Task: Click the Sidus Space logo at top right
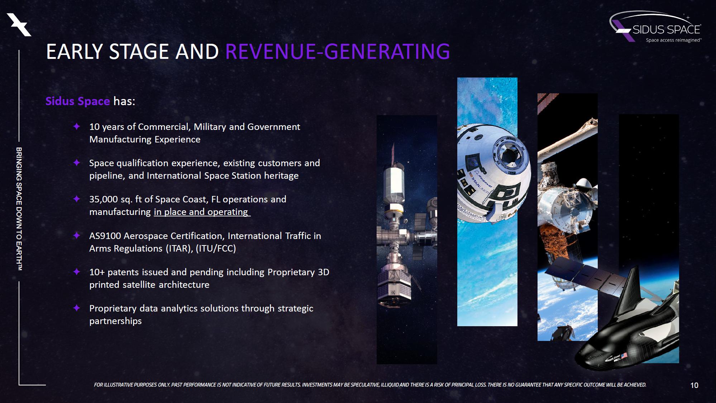pos(655,27)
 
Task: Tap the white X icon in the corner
pos(19,24)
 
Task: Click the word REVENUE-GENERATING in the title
pos(338,51)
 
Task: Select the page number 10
pos(694,385)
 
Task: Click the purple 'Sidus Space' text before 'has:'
pos(78,101)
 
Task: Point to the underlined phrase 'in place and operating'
pos(201,212)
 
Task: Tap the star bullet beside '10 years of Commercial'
pos(76,126)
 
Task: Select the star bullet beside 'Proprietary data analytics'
pos(76,308)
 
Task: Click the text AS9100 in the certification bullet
pos(105,236)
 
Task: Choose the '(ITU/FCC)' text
pos(216,248)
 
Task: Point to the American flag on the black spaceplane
pos(624,356)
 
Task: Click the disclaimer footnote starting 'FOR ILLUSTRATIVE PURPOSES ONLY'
pos(370,385)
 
